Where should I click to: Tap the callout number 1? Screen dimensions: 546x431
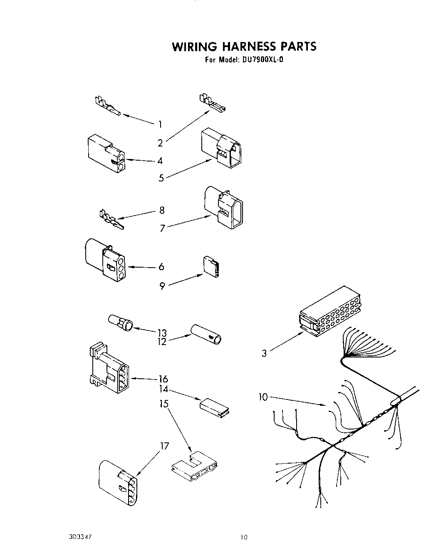click(160, 124)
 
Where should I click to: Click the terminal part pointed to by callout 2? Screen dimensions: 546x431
click(212, 104)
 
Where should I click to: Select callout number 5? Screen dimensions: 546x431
click(161, 178)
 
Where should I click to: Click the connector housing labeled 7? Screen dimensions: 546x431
click(223, 207)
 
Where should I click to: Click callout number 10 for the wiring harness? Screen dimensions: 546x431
click(263, 397)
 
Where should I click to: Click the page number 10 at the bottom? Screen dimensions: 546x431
click(244, 537)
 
